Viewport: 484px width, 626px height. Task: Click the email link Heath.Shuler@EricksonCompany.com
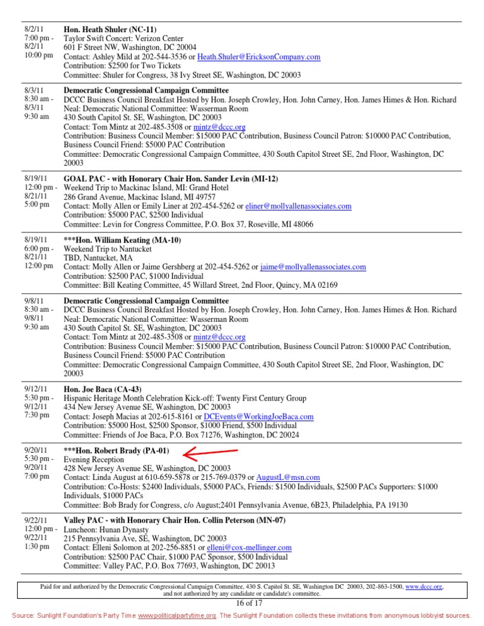pyautogui.click(x=258, y=57)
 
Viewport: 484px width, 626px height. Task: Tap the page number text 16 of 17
pyautogui.click(x=242, y=603)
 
